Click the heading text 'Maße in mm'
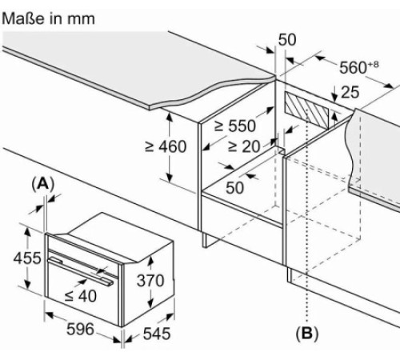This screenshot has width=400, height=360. click(48, 18)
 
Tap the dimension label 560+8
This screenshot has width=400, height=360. click(358, 67)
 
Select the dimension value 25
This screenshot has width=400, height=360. click(350, 93)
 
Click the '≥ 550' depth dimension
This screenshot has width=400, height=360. click(235, 126)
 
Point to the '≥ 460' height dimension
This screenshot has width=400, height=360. click(166, 146)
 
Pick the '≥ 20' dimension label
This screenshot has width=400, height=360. click(244, 146)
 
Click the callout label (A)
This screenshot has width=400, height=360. click(43, 184)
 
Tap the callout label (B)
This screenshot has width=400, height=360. click(307, 333)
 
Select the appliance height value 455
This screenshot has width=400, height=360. click(27, 258)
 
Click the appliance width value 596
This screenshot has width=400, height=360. click(80, 329)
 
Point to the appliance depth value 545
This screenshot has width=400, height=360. click(157, 334)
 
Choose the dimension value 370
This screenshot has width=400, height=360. click(150, 281)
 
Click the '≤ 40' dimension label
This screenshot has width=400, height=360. click(81, 296)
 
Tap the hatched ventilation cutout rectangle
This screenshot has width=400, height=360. click(307, 110)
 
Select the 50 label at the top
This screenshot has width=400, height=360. click(287, 40)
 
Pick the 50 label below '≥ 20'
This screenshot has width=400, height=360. click(234, 187)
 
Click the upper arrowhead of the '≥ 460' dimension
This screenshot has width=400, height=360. click(170, 117)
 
